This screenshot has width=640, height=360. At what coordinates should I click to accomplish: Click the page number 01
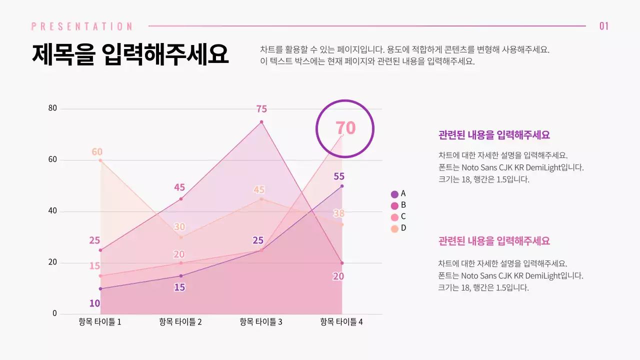pos(604,26)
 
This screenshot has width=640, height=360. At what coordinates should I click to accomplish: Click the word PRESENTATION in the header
pos(82,26)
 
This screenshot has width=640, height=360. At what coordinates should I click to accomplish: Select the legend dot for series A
pos(394,194)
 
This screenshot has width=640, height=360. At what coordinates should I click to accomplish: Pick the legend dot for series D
pos(394,228)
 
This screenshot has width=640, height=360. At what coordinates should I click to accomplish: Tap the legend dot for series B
pos(394,205)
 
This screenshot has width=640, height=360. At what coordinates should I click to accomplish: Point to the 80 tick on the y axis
pos(52,108)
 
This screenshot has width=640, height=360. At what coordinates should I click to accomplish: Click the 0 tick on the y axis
pos(55,314)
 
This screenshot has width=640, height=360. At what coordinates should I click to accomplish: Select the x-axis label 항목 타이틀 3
pos(261,322)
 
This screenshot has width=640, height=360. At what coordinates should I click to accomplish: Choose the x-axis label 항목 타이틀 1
pos(100,322)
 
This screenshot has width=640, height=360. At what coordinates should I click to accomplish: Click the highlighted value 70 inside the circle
pos(345,128)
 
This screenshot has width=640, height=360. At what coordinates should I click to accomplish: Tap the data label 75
pos(261,109)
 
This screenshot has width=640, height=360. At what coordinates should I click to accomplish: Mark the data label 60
pos(97,152)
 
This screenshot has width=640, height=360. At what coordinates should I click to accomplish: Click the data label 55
pos(339,176)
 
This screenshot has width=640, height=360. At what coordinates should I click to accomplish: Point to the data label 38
pos(339,213)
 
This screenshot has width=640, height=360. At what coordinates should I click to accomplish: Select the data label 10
pos(94,303)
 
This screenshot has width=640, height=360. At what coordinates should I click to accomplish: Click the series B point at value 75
pos(261,122)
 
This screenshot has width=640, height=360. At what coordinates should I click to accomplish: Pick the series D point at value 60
pos(100,160)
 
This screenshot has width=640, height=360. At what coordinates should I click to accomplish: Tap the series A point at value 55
pos(342,186)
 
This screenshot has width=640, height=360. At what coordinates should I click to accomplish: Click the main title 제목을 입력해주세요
pos(130,54)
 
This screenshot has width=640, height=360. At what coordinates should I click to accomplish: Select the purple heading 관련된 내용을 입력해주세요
pos(494,135)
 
